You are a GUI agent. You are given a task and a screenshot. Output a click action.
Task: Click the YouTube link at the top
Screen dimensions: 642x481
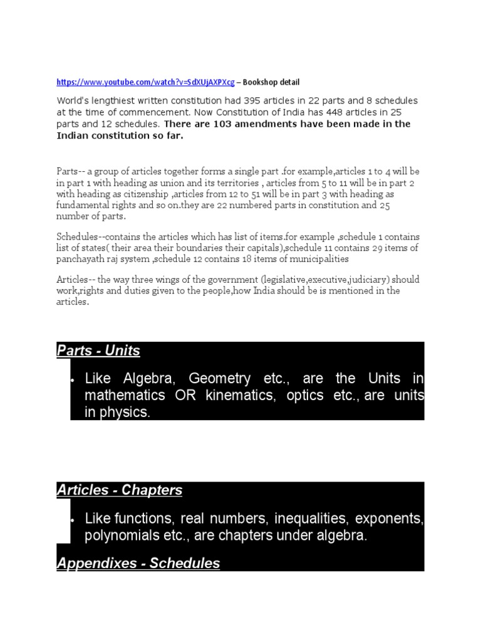[x=146, y=82]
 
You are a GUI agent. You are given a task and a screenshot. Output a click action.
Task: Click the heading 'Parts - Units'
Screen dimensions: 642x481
[x=98, y=350]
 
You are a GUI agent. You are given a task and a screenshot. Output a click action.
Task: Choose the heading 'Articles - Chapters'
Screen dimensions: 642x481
[x=120, y=490]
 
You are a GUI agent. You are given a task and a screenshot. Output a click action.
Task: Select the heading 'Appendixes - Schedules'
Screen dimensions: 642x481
[x=138, y=563]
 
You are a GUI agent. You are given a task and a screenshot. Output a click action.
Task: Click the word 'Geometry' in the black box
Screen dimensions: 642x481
[x=206, y=379]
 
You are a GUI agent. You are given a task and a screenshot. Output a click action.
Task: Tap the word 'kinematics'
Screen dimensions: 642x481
[x=232, y=396]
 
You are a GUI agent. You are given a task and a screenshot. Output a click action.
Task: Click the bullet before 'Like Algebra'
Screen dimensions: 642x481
[x=73, y=380]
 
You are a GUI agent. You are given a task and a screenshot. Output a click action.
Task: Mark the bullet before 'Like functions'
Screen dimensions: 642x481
[x=73, y=520]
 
